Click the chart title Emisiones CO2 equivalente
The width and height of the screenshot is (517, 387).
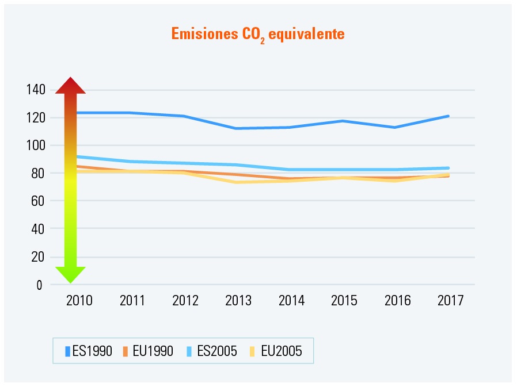[x=257, y=35]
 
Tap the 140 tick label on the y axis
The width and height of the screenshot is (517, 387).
[x=35, y=90]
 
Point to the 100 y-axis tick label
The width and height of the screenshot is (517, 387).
[x=35, y=145]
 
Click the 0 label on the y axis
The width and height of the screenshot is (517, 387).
[x=40, y=285]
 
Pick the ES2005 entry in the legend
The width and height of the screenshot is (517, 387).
[x=212, y=351]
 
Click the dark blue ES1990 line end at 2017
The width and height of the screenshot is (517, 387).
[x=448, y=116]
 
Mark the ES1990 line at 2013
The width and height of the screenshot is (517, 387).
[x=238, y=128]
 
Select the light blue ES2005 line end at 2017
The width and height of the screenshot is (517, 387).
[x=448, y=168]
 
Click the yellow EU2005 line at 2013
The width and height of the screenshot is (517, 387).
[x=238, y=182]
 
